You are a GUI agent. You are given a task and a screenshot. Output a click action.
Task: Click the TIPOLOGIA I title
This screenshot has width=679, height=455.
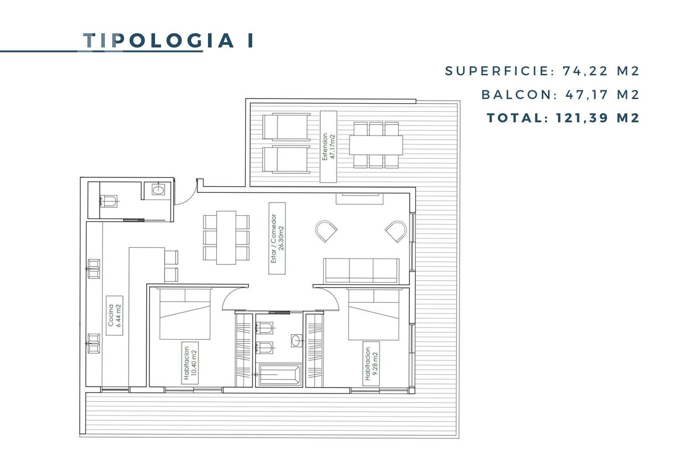point(168,40)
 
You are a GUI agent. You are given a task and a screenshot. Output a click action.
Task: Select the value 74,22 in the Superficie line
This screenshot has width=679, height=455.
point(585,71)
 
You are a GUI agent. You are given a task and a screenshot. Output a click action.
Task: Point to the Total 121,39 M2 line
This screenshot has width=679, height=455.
point(563,118)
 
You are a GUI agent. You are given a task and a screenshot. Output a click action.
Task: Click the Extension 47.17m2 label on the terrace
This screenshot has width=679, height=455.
point(329,146)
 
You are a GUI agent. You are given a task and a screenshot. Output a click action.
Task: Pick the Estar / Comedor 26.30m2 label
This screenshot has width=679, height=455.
point(277,238)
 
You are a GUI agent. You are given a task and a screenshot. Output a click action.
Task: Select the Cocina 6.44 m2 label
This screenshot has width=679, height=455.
point(114,315)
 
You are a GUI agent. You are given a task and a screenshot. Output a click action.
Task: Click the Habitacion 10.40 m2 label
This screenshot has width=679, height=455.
point(190,363)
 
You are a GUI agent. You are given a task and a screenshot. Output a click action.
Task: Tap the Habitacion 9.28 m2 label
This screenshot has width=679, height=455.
point(371,363)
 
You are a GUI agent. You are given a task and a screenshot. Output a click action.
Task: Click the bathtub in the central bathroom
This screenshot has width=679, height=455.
point(279,375)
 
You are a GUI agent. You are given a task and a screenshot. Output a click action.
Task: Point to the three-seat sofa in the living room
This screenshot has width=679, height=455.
point(361,271)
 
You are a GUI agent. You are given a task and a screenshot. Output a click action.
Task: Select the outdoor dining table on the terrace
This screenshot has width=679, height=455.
point(376,145)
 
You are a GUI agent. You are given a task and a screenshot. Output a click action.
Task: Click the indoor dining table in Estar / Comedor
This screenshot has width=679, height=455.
point(226,237)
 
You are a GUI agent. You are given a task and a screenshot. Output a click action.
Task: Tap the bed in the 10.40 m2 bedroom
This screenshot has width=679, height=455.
point(185,314)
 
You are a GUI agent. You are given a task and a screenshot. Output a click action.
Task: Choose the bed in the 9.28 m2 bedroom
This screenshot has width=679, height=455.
point(373,314)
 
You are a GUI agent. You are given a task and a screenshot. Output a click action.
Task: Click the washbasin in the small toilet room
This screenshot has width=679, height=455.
point(158,190)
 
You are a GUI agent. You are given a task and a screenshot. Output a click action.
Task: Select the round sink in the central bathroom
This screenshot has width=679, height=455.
point(296,340)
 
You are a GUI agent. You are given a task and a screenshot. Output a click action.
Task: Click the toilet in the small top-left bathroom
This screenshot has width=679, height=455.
point(109,201)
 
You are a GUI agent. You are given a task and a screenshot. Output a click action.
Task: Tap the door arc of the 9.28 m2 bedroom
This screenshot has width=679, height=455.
point(332,295)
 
